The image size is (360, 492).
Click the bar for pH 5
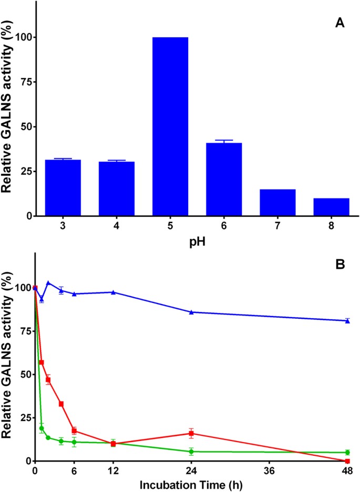(170, 126)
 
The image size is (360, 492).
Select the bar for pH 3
(63, 187)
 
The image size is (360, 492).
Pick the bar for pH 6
(224, 179)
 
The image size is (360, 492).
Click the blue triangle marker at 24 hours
(191, 312)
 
